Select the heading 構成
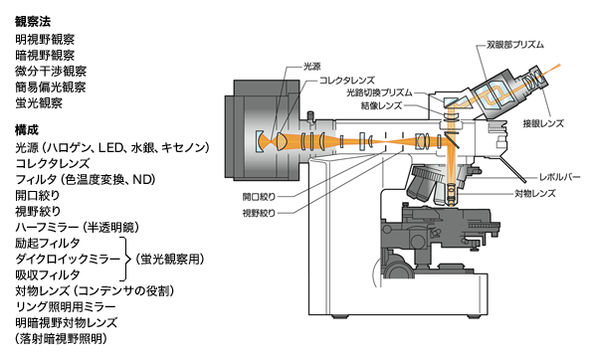27,129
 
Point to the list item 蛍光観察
40,102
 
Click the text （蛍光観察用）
172,259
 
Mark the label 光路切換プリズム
379,91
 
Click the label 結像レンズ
382,104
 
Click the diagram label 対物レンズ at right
533,192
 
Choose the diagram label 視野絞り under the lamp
260,213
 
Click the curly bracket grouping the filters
127,259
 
